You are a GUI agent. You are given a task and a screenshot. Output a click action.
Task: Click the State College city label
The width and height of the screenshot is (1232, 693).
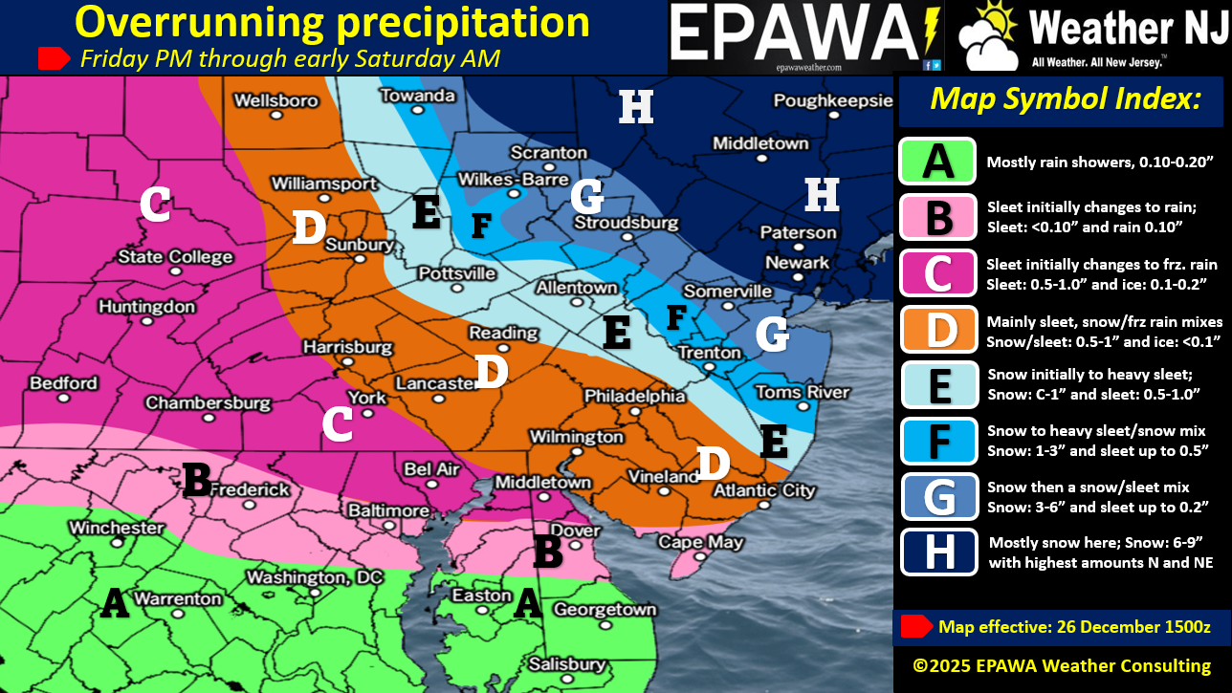175,257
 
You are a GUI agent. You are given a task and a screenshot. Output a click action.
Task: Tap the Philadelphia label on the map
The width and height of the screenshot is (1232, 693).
634,396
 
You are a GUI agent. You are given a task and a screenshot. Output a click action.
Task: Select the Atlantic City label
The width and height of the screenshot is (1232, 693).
765,490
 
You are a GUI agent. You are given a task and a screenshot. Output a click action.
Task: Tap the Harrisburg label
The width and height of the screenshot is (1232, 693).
348,347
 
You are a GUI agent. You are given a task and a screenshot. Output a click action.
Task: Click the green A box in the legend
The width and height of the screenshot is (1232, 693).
937,162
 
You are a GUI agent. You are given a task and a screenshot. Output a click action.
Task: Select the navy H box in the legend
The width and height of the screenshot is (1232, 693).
938,552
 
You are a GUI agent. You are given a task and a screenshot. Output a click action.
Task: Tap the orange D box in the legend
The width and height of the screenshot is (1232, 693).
938,330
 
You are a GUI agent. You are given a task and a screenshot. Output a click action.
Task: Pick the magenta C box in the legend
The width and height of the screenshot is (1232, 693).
938,273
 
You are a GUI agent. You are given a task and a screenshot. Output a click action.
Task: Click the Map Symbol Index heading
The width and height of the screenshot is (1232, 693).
1065,98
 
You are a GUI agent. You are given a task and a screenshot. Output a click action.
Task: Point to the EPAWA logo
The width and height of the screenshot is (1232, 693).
804,36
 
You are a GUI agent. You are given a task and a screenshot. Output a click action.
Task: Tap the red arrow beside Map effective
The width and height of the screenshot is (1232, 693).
916,626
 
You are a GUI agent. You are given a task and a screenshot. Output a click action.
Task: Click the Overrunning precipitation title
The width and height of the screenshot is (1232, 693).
332,22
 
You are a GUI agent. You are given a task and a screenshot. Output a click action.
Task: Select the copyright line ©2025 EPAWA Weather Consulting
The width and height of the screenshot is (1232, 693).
1062,665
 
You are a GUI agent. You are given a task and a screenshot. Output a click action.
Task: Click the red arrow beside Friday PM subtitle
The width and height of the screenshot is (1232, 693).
54,58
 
